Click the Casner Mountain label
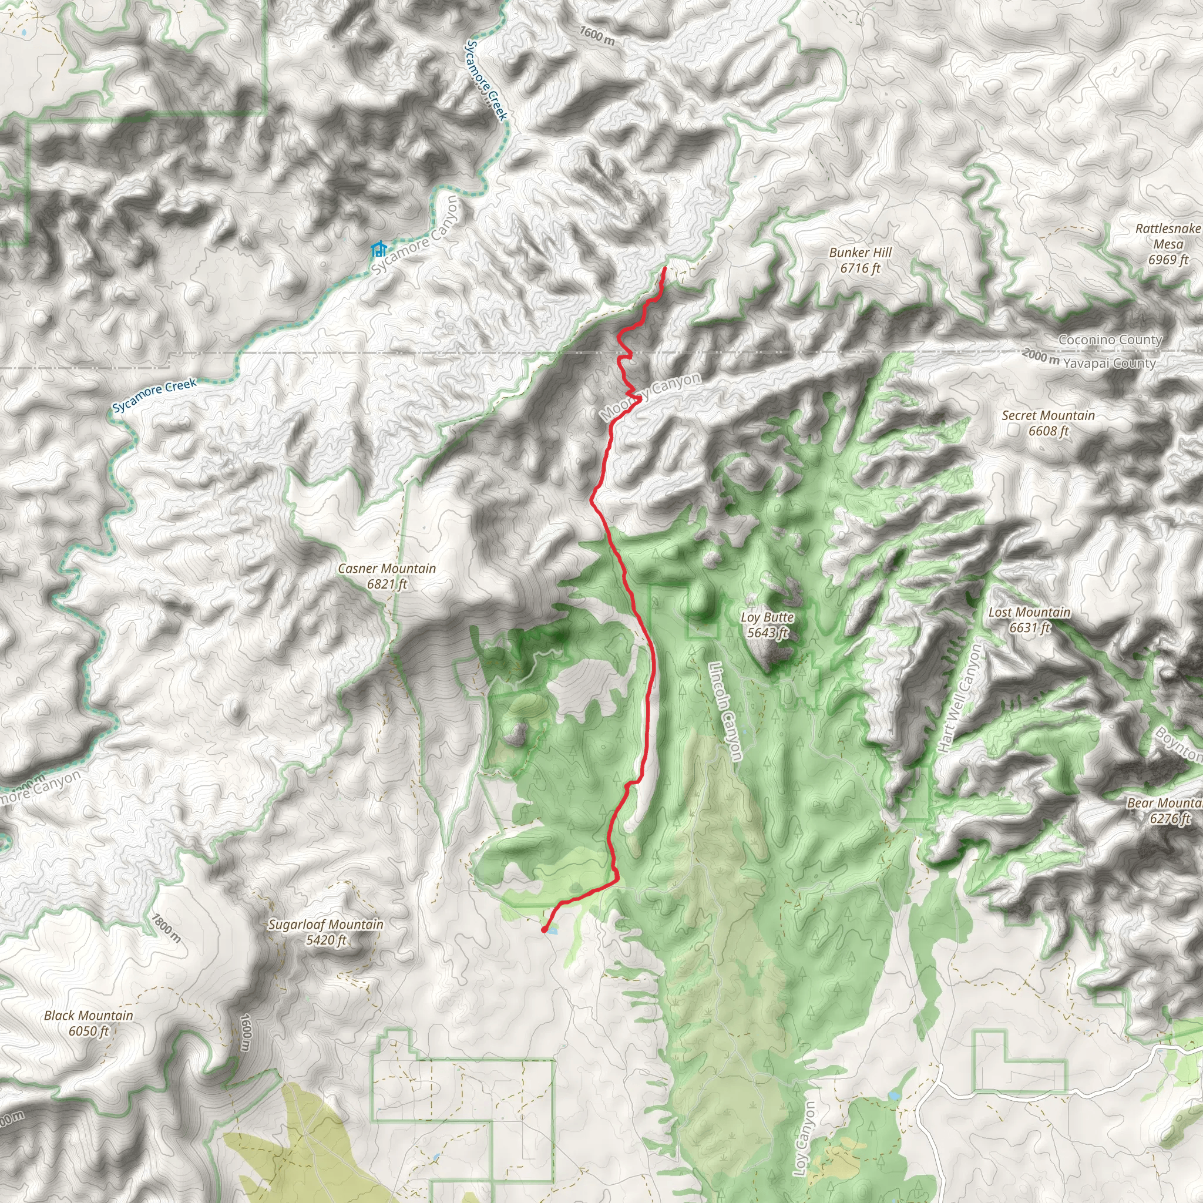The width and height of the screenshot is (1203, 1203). (x=387, y=569)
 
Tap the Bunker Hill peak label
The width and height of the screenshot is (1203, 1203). (x=860, y=253)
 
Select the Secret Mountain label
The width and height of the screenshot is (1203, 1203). (x=1048, y=415)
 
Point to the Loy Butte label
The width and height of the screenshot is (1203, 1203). (x=767, y=617)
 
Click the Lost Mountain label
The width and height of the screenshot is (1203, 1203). (x=1029, y=612)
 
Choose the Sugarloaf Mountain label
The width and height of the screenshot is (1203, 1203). (x=325, y=925)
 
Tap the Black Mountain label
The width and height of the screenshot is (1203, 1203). (x=89, y=1016)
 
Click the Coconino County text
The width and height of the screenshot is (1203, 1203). (x=1110, y=340)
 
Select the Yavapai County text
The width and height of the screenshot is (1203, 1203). (x=1109, y=363)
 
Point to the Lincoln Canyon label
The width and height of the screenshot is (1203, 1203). (x=725, y=711)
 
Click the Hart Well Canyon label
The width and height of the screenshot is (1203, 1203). (x=960, y=697)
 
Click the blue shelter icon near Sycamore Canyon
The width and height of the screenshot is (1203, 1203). (x=378, y=250)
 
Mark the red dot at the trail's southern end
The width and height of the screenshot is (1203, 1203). (x=544, y=930)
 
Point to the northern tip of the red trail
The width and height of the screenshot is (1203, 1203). (x=664, y=268)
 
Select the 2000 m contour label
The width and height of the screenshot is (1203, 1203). (x=1040, y=357)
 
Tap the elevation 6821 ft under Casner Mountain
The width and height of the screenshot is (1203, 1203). (x=387, y=584)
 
